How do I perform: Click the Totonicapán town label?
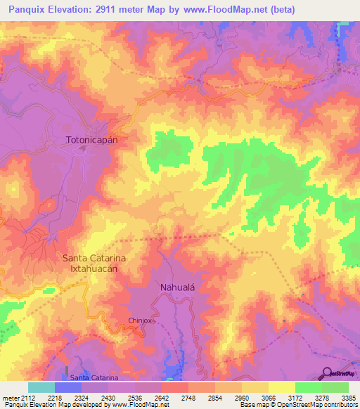(x=91, y=140)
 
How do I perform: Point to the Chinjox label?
(x=141, y=320)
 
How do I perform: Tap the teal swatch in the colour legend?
(x=41, y=387)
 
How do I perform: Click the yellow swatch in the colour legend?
(x=282, y=387)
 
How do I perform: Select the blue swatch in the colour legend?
(x=67, y=387)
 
